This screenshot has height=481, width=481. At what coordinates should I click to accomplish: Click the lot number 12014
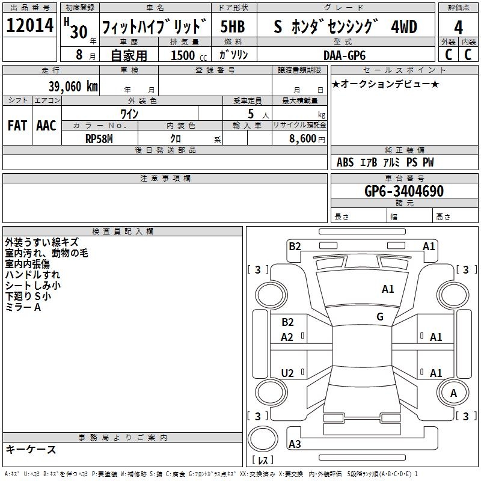(x=30, y=27)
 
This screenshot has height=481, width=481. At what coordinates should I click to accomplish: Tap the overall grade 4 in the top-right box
(x=458, y=28)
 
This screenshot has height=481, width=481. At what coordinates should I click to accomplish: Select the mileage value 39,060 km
(x=73, y=86)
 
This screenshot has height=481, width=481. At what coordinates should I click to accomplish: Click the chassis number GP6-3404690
(x=404, y=192)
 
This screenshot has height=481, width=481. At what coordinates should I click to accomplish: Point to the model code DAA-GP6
(x=345, y=55)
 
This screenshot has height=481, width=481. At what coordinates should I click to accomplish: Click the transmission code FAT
(x=17, y=126)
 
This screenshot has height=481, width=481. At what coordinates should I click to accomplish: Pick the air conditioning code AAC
(x=46, y=126)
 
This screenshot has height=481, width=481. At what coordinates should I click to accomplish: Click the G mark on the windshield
(x=380, y=317)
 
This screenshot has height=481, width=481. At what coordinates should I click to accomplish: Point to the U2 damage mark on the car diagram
(x=287, y=373)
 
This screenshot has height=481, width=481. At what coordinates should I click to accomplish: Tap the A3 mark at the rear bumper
(x=295, y=444)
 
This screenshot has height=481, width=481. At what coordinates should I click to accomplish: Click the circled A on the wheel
(x=453, y=393)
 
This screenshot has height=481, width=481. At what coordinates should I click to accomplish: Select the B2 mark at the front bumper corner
(x=295, y=246)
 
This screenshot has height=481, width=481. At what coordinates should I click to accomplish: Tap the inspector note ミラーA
(x=23, y=307)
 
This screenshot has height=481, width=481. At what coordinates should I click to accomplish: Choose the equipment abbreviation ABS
(x=345, y=162)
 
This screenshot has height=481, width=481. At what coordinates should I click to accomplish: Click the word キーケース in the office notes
(x=31, y=449)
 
